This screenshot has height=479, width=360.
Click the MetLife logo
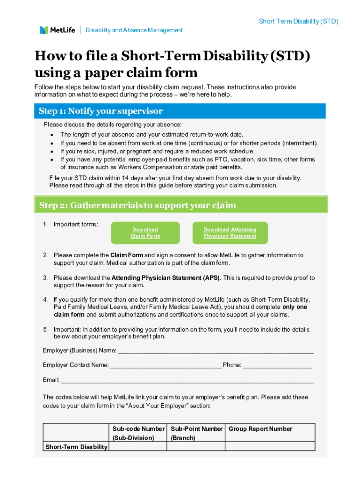(x=57, y=30)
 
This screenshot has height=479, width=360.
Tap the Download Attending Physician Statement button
(x=230, y=233)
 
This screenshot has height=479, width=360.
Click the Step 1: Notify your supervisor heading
(x=101, y=111)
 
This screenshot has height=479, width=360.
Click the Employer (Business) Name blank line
(x=216, y=351)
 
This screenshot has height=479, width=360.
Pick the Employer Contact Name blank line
(x=166, y=365)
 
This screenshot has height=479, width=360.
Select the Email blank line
(x=187, y=380)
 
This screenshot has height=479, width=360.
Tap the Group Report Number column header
(x=260, y=429)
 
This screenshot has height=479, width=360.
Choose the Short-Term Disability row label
(x=76, y=447)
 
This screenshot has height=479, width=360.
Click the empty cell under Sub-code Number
(x=138, y=447)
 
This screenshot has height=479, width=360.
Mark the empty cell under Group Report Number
(x=270, y=447)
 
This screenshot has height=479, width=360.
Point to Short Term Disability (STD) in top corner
(x=298, y=22)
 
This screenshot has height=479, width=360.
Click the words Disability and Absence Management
(x=134, y=30)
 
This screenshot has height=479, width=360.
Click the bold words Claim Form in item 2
(x=126, y=255)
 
